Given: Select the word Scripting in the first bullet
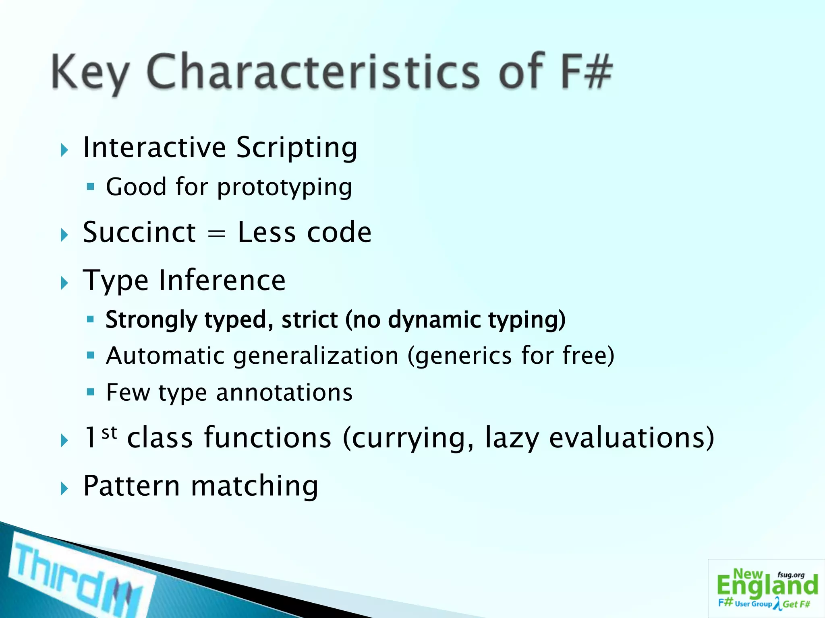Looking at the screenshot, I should (296, 148).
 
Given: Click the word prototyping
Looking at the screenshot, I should (284, 187).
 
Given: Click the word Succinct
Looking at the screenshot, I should (139, 233).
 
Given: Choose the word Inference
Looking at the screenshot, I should (222, 280).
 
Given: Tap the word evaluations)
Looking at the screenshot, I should (632, 437).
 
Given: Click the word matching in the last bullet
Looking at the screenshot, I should (255, 486).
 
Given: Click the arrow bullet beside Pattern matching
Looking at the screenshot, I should (64, 489).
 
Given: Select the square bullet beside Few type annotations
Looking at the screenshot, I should (90, 392).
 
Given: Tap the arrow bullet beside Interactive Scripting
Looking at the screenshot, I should (64, 151).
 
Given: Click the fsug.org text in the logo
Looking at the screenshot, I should (791, 575).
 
